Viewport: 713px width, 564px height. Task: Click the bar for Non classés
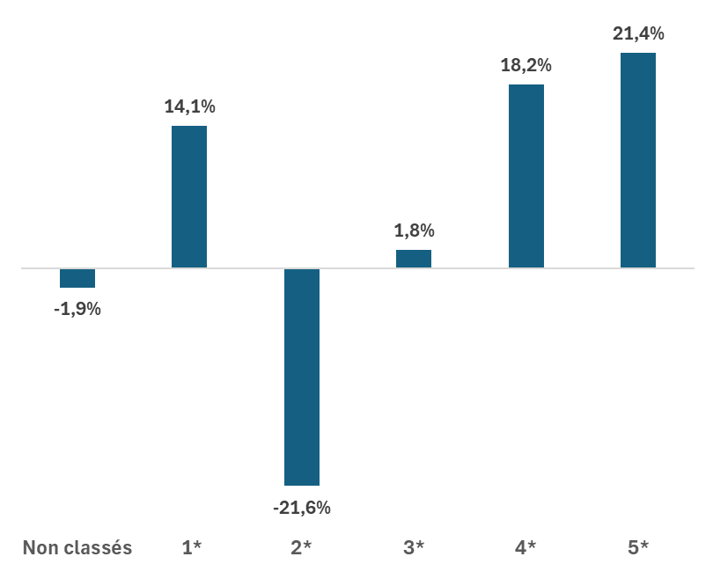coord(77,278)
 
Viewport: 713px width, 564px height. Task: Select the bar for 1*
coord(189,197)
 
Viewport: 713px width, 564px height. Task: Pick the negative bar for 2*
coord(302,377)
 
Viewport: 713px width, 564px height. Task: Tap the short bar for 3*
coord(414,259)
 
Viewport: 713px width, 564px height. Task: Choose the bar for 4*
coord(526,176)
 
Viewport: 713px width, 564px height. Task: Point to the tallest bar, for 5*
coord(638,160)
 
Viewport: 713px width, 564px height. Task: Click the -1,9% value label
coord(77,310)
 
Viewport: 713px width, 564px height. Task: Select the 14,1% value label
coord(189,107)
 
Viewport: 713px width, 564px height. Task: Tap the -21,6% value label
coord(302,508)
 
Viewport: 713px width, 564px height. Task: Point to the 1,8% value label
coord(414,231)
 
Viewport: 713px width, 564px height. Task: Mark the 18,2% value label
coord(526,66)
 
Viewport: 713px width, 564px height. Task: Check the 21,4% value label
coord(638,34)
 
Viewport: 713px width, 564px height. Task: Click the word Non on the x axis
coord(40,548)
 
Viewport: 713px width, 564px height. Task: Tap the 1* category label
coord(191,548)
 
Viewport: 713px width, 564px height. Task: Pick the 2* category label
coord(302,548)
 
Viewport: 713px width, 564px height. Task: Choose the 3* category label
coord(414,548)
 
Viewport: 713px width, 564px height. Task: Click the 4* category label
coord(526,548)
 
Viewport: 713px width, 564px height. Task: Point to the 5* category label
coord(638,548)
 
